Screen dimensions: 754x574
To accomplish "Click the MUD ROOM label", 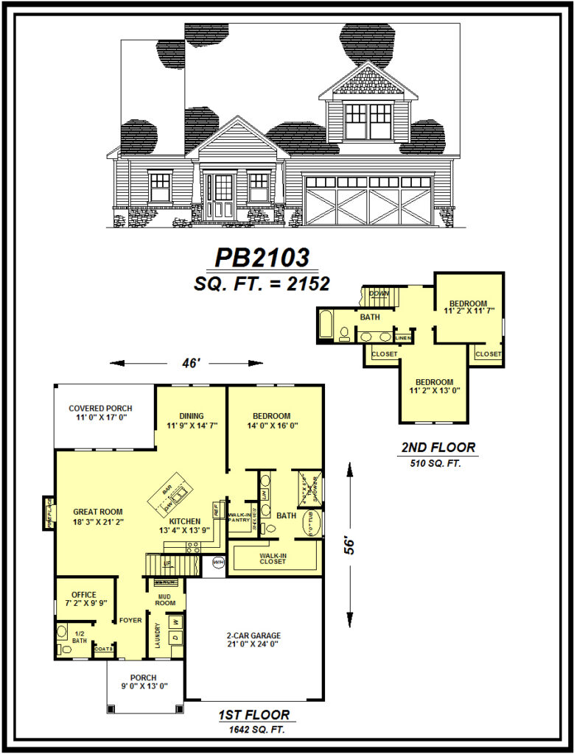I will (165, 599).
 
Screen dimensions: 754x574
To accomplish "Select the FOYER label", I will (130, 621).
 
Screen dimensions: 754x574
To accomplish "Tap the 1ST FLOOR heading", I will (253, 715).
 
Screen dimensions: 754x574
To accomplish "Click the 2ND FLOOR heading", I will (438, 447).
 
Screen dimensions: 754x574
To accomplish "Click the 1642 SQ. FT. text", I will (253, 730).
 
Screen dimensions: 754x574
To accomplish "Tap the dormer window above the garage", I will (368, 121).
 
